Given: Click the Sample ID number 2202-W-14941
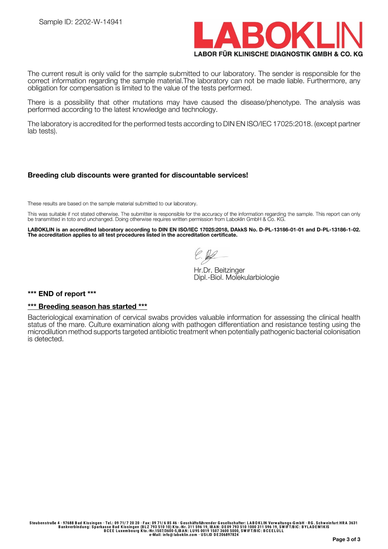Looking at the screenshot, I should point(98,22).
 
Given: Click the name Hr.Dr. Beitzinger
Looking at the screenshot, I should point(219,270).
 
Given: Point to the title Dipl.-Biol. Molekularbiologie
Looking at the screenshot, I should point(236,277).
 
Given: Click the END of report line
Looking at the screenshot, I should point(62,294).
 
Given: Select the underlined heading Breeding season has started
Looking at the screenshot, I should point(87,306).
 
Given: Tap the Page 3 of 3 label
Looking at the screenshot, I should point(346,539).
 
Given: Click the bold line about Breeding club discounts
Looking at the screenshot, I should point(138,175).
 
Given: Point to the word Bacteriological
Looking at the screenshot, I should point(50,317).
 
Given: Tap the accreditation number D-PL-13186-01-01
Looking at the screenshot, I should point(281,230).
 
